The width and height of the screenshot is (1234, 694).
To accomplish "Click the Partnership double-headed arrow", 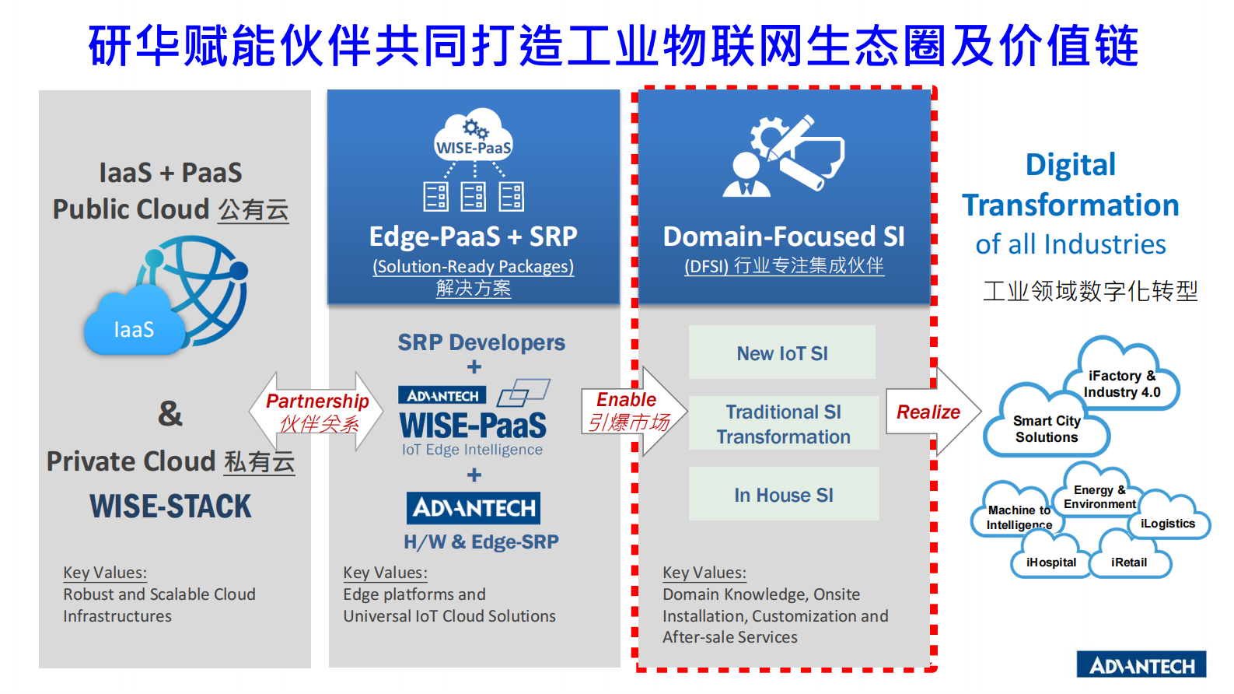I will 316,412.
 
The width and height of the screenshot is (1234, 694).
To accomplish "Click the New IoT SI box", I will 782,353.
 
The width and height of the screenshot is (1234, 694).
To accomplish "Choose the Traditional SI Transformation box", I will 784,424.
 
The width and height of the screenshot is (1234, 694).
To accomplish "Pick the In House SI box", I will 784,495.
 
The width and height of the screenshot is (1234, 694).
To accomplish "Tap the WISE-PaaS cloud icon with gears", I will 474,138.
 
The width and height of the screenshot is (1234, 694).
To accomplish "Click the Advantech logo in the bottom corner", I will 1141,665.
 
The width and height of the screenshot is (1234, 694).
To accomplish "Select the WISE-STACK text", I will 171,506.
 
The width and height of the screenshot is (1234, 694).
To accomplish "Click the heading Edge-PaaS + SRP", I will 473,237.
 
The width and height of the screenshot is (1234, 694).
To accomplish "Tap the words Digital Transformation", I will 1071,185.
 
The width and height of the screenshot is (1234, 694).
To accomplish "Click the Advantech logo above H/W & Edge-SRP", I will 474,508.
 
